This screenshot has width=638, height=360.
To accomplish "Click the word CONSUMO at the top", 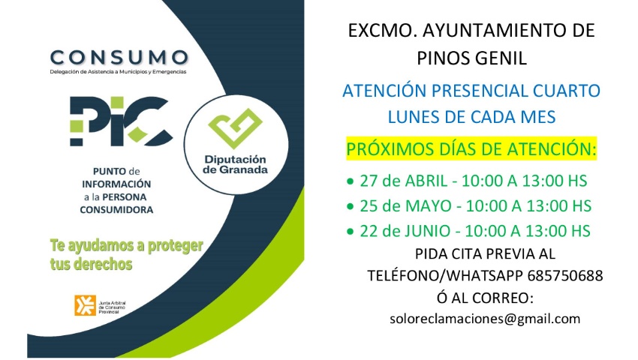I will tap(119, 57).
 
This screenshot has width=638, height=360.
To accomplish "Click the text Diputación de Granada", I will tap(235, 165).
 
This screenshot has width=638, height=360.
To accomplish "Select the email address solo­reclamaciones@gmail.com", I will tap(486, 319).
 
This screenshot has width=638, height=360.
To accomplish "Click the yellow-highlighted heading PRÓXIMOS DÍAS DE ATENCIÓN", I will tap(471, 149).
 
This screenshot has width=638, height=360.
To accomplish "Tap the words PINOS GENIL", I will tap(471, 58).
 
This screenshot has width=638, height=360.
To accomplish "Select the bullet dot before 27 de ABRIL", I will tap(350, 182).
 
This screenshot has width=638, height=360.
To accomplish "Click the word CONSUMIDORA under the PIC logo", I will tap(116, 210).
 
